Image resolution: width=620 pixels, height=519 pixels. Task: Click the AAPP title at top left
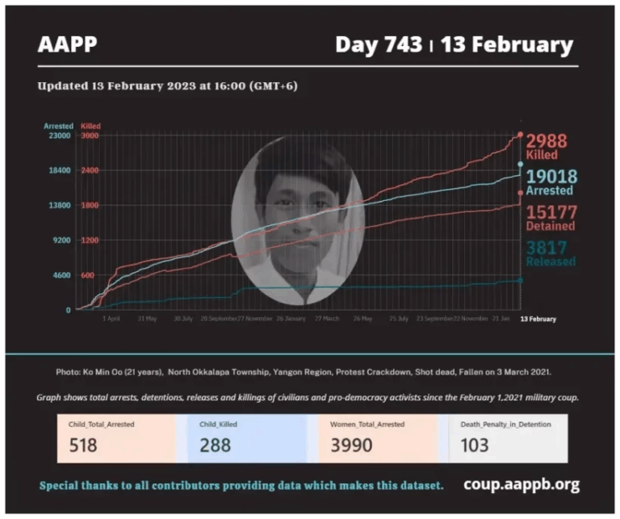point(67,44)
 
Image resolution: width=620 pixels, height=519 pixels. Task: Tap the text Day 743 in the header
point(378,44)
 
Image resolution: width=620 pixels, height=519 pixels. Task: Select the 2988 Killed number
point(547,141)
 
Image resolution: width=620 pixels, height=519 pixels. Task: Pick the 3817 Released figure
point(547,247)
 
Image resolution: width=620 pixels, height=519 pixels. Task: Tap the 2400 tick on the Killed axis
point(89,170)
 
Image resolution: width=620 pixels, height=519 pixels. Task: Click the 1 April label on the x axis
point(112,319)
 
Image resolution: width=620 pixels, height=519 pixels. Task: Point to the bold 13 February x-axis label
point(537,319)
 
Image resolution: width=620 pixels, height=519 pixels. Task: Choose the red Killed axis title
point(90,127)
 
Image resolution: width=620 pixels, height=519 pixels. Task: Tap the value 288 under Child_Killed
point(215,444)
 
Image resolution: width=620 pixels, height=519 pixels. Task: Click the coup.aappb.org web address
point(521,484)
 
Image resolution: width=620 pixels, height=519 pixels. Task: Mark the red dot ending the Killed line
point(520,135)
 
